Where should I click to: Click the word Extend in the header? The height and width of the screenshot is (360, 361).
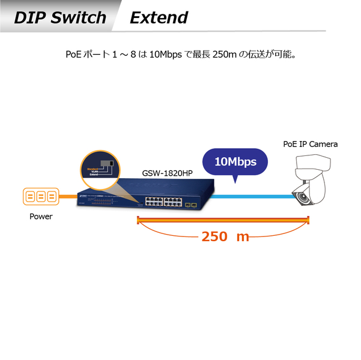(159, 17)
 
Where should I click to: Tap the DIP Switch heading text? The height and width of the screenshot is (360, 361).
(59, 17)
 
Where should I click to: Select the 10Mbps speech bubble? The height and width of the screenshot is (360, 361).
(235, 162)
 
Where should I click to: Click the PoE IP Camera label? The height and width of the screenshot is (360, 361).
(310, 144)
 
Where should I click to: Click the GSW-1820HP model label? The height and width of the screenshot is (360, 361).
(167, 173)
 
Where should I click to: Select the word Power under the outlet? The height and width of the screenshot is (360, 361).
(41, 217)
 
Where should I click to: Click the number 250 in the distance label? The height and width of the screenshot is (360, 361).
(214, 236)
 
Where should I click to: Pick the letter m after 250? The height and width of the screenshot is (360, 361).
(243, 236)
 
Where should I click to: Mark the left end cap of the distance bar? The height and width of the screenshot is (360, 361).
(139, 221)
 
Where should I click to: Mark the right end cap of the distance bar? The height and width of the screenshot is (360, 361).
(308, 221)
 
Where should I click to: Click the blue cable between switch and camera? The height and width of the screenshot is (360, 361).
(252, 196)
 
